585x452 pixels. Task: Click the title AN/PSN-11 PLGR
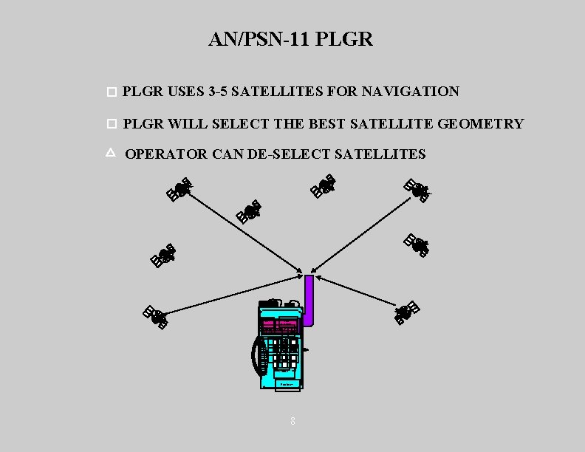[291, 39]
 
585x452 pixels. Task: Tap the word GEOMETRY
[480, 124]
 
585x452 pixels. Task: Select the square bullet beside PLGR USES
[112, 93]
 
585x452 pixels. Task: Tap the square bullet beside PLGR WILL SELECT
[112, 123]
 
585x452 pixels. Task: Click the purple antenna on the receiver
[309, 299]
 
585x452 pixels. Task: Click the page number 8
[292, 421]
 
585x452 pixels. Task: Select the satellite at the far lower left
[156, 316]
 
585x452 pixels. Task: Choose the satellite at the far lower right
[407, 312]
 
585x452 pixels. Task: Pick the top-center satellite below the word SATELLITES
[323, 185]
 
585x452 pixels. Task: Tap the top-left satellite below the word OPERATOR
[179, 188]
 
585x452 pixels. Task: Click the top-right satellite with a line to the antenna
[417, 191]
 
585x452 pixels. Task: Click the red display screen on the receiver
[278, 326]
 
